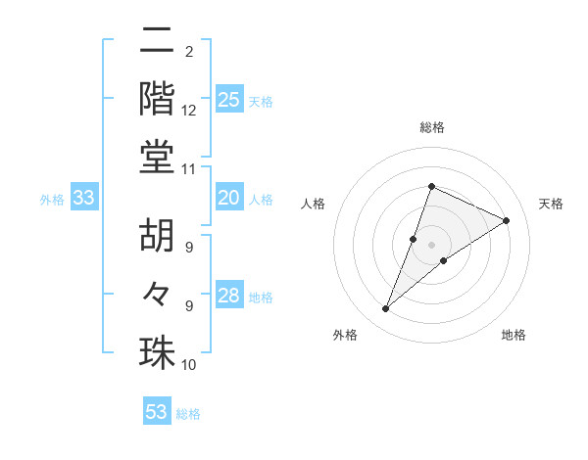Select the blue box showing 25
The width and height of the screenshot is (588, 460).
(x=229, y=99)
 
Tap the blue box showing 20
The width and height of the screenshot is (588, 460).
(x=229, y=198)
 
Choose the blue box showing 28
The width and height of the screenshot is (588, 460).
(x=229, y=296)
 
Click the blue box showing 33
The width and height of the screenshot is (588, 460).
(x=84, y=198)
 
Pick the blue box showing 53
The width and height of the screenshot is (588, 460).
(x=157, y=412)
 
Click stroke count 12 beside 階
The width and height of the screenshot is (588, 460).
(x=189, y=112)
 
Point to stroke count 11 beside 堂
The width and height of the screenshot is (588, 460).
(x=189, y=168)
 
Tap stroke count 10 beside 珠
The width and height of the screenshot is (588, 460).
(x=189, y=365)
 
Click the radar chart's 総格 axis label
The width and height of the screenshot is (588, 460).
(x=432, y=128)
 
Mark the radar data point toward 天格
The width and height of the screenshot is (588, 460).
(x=507, y=220)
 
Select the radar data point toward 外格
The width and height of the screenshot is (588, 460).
(x=386, y=309)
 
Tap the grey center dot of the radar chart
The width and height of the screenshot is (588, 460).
(x=432, y=244)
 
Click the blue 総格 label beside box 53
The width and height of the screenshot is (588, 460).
(x=188, y=414)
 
